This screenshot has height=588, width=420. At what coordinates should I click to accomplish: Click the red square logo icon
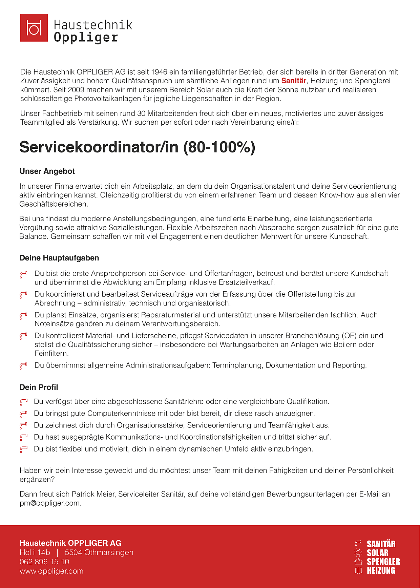34,28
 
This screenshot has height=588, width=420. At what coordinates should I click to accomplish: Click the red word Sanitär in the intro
294,81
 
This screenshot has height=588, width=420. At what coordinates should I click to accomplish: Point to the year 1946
159,72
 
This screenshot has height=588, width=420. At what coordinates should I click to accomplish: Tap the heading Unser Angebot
47,171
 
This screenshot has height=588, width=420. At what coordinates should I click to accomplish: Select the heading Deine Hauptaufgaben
59,258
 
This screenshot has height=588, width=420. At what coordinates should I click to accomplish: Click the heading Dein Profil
39,387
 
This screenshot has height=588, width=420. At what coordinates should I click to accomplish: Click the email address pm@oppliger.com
50,503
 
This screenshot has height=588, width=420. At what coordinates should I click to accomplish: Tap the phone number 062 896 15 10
44,562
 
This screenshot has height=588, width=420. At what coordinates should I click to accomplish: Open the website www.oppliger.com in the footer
51,571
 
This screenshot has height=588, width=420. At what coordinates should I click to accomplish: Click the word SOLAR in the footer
378,553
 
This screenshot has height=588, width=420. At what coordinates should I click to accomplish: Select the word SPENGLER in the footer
383,562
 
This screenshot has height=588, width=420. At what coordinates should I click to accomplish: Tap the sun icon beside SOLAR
358,553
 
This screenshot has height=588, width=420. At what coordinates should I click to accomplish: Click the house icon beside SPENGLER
358,562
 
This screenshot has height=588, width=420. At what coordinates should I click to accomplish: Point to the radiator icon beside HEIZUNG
358,571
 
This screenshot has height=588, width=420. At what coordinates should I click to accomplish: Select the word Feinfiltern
51,354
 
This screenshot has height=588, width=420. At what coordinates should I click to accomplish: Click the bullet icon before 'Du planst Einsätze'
23,316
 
